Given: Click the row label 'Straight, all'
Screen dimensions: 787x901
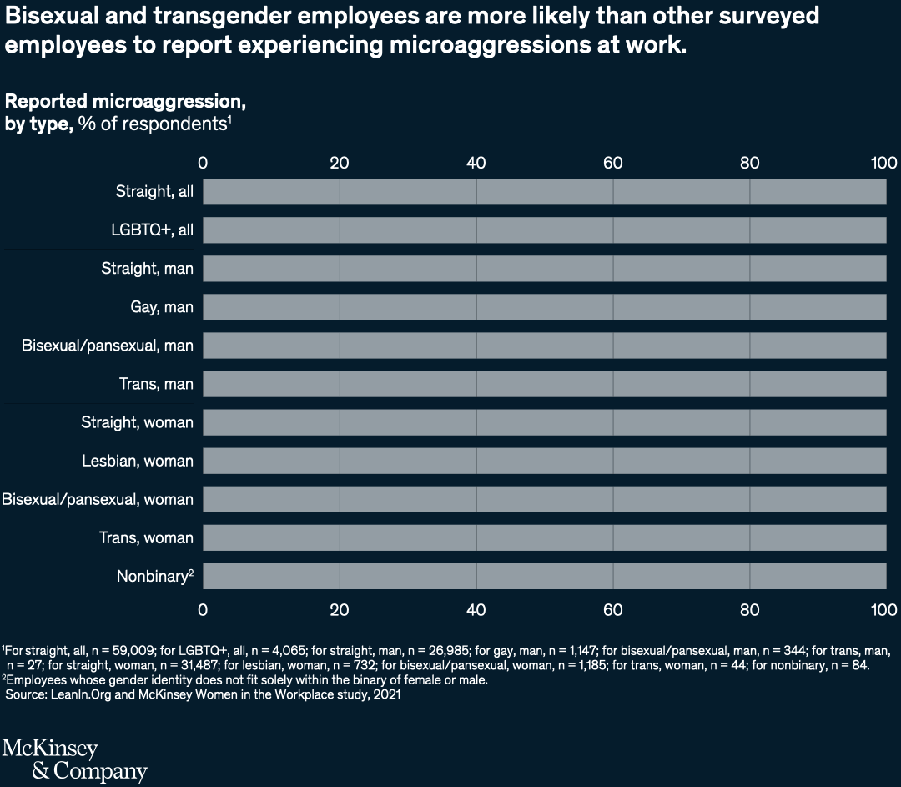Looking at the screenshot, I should (x=154, y=192).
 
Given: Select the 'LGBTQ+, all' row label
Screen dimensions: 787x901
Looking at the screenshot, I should (x=152, y=230).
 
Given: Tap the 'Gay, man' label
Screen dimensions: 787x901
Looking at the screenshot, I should (x=162, y=307).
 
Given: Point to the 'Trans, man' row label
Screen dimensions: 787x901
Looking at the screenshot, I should (x=156, y=384).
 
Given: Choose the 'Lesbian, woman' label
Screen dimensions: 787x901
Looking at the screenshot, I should (x=138, y=461).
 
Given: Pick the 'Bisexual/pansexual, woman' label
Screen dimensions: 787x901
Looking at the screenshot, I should (x=98, y=499).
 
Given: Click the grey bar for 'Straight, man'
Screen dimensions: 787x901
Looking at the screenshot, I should (x=544, y=269).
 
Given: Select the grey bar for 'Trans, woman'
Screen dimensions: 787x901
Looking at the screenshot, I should (x=544, y=537).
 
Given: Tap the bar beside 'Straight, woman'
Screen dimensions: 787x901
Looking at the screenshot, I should (x=544, y=422).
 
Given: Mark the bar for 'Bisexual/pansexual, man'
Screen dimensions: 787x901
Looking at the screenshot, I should (x=544, y=346).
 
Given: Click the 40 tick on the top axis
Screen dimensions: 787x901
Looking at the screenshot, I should (x=476, y=162).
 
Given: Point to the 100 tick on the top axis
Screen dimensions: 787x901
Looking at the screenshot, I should (x=883, y=162).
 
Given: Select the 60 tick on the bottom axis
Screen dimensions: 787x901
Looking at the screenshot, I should (x=613, y=609).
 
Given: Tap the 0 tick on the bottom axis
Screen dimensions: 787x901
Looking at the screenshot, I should (x=203, y=609).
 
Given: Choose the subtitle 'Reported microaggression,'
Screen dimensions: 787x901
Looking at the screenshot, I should (x=125, y=102).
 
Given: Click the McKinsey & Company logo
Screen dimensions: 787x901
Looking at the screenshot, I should (x=75, y=759).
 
